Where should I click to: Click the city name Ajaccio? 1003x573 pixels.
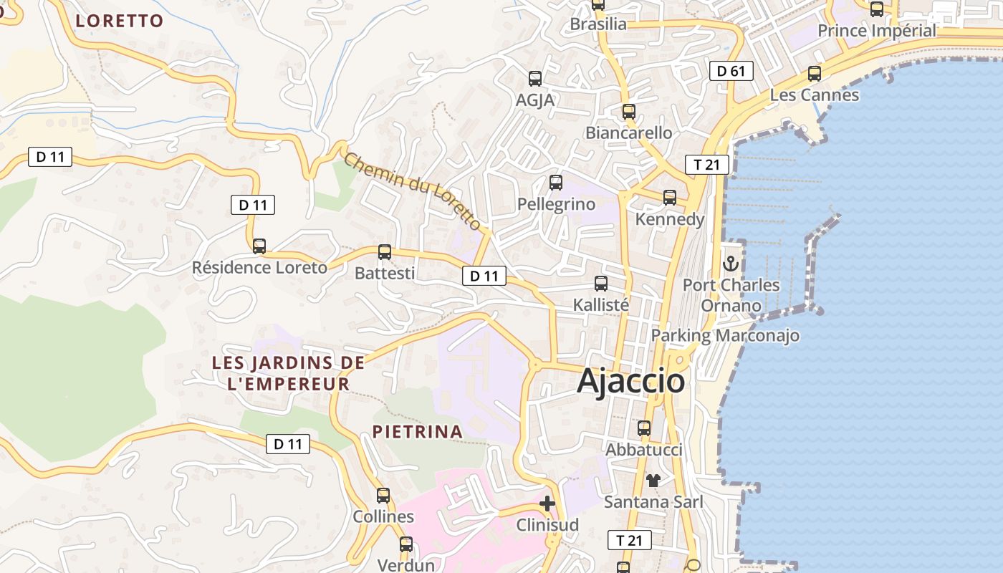point(630,381)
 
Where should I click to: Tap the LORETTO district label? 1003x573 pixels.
point(120,21)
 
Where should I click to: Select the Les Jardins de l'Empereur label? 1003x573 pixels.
point(288,373)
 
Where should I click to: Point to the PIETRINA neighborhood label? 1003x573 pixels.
point(417,432)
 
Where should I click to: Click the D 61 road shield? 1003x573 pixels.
point(731,71)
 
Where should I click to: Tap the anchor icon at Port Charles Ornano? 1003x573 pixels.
point(730,264)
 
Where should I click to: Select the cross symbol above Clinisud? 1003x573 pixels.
point(547,504)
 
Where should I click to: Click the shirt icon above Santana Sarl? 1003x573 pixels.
point(653,480)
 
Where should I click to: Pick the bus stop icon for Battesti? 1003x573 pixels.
point(385,252)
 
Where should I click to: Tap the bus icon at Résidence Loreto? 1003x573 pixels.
point(259,246)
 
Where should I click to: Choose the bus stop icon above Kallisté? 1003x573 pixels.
point(601,284)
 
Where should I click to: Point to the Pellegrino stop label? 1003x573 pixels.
point(556,205)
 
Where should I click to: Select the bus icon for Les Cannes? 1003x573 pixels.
point(814,74)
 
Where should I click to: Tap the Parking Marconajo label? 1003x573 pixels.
point(724,335)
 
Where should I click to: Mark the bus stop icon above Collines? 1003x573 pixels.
point(383,496)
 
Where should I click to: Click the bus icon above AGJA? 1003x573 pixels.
point(535,79)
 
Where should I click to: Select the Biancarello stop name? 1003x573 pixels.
point(628,133)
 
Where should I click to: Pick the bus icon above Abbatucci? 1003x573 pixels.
point(644,428)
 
